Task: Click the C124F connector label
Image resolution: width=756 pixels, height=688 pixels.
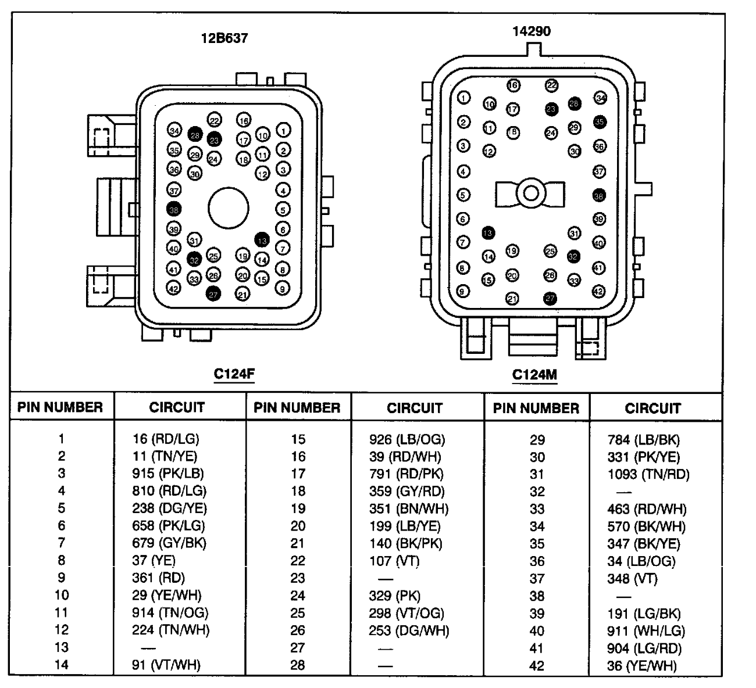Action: (x=234, y=374)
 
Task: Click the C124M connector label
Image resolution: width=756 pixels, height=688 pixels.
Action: (x=534, y=375)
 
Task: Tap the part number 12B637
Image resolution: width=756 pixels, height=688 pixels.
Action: (x=224, y=38)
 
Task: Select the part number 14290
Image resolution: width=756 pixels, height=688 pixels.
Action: (x=532, y=31)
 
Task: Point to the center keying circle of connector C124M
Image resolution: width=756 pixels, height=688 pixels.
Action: (x=530, y=193)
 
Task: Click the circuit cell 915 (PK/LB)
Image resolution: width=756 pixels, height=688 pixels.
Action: (x=167, y=474)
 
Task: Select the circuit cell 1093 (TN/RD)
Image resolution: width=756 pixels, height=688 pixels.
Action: (x=648, y=474)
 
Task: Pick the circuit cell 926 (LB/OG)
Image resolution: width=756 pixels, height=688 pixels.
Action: (x=407, y=439)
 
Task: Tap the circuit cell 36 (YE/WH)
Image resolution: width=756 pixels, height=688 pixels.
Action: (x=641, y=665)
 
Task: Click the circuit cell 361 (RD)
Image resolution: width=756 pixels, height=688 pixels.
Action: (x=158, y=578)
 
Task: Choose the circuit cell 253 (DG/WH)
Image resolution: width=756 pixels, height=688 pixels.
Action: (x=409, y=630)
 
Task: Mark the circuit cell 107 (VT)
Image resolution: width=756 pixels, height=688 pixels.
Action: (x=394, y=561)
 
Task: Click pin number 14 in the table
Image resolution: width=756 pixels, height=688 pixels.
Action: (x=61, y=665)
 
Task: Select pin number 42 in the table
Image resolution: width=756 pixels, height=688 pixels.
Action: (x=537, y=665)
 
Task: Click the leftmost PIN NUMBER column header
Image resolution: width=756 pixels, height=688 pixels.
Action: (x=60, y=407)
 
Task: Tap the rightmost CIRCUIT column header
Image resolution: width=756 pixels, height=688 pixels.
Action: (x=652, y=408)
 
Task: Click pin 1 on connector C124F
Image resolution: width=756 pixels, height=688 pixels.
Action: (x=283, y=130)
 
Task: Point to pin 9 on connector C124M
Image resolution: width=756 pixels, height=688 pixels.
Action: (x=463, y=291)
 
